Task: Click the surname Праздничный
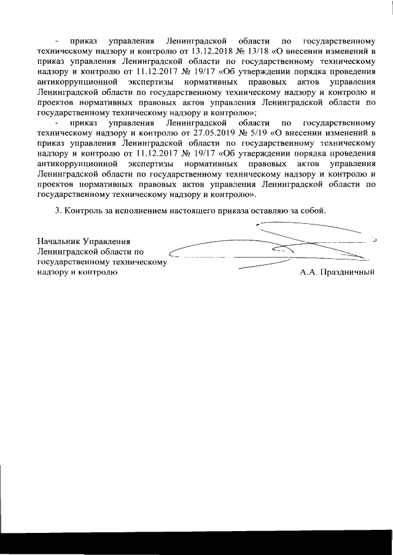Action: point(348,272)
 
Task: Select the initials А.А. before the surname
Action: point(309,272)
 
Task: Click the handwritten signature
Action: point(276,248)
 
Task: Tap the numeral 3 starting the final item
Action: point(57,210)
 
